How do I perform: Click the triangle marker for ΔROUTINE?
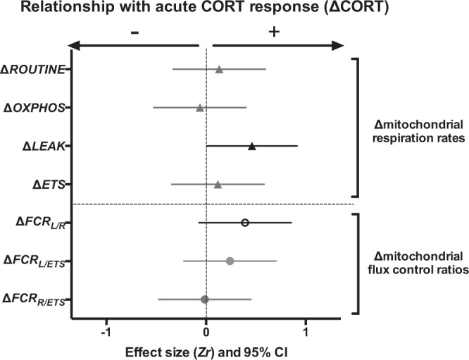(x=219, y=69)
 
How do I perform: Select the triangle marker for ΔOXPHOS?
(x=200, y=108)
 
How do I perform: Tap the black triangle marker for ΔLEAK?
(x=251, y=146)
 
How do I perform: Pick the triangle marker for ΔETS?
(x=218, y=185)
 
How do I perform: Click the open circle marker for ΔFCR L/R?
(x=245, y=222)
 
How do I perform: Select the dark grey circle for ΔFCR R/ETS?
(x=205, y=299)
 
